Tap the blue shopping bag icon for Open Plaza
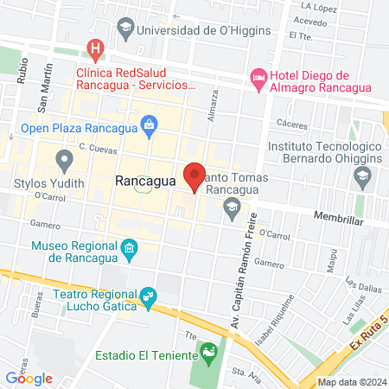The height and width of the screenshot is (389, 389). click(150, 124)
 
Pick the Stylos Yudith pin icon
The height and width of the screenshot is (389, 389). click(63, 159)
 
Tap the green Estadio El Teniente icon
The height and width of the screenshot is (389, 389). click(207, 353)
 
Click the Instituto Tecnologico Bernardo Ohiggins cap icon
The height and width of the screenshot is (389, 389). click(361, 179)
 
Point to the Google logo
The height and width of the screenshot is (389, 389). click(29, 377)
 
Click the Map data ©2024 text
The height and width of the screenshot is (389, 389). click(352, 381)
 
